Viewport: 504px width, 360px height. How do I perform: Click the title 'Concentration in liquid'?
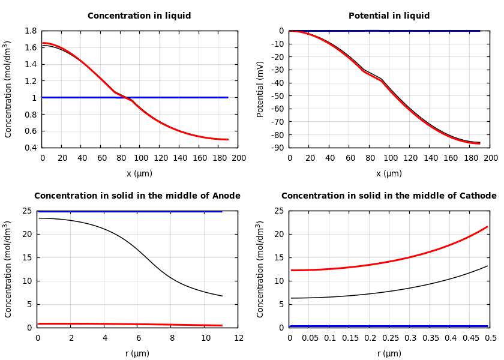(139, 16)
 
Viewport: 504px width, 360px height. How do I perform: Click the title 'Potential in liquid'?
(389, 16)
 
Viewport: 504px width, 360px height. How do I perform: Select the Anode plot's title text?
(137, 196)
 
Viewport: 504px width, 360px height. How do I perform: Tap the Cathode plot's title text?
(389, 196)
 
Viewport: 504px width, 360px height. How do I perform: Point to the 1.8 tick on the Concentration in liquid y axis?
(30, 31)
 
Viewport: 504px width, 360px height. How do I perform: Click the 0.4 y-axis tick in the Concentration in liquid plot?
(30, 148)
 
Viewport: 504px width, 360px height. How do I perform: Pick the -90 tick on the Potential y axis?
(277, 148)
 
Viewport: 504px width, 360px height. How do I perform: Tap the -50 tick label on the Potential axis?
(277, 95)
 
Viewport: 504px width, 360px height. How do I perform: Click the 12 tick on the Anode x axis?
(238, 338)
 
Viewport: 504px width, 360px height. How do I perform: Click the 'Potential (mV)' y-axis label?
(260, 89)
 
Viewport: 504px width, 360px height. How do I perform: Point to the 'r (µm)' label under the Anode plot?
(137, 353)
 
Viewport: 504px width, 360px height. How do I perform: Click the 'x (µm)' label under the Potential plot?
(389, 173)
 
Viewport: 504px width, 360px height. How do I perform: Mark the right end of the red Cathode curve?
(487, 227)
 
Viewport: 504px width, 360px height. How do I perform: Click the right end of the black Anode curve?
(222, 296)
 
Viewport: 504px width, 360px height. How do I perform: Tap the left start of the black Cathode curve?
(291, 298)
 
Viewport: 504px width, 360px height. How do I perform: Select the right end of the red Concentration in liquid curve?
(228, 140)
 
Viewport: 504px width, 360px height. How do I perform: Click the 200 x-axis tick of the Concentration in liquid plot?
(238, 158)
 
